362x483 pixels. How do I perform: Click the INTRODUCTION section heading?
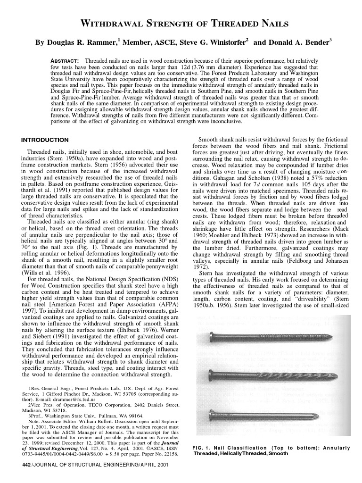click(x=45, y=140)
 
